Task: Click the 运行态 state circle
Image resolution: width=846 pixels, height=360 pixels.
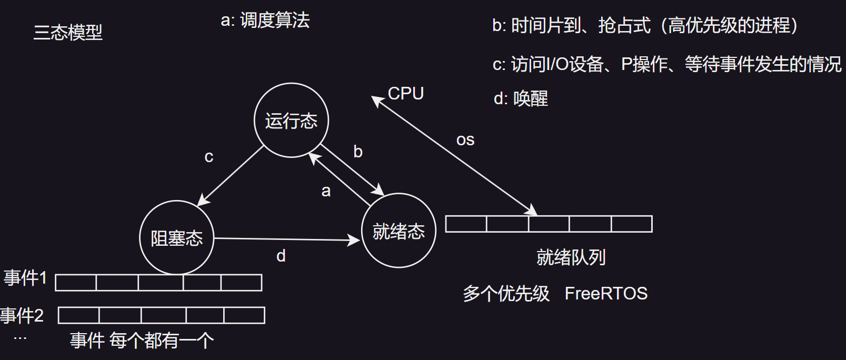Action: [x=291, y=121]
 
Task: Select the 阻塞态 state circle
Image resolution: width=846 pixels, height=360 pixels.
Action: [x=177, y=238]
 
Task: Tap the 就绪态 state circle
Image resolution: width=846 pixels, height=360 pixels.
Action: [x=399, y=231]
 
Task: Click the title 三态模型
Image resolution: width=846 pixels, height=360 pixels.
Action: [x=68, y=33]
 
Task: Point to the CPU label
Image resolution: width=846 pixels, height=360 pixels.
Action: [x=405, y=93]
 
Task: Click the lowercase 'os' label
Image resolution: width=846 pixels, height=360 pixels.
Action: [x=465, y=140]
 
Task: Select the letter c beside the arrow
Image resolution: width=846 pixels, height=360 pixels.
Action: [x=209, y=157]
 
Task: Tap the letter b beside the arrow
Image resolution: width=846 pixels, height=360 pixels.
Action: [x=358, y=152]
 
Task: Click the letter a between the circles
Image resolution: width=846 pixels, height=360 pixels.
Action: [x=326, y=191]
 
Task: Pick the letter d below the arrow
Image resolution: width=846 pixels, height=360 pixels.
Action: [x=281, y=256]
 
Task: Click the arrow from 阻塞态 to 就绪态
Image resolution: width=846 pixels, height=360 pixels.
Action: [x=287, y=239]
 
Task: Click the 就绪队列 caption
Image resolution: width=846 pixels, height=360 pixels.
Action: [x=571, y=257]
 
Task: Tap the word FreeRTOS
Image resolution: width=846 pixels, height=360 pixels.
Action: [x=606, y=293]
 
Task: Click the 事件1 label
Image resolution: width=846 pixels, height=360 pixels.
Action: [x=25, y=277]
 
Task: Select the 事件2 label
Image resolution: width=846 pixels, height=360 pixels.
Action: [x=22, y=315]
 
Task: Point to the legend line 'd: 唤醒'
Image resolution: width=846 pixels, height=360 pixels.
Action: [x=521, y=98]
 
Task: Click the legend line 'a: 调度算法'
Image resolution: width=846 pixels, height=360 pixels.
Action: [x=265, y=21]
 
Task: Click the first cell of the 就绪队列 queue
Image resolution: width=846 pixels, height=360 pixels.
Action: [x=466, y=224]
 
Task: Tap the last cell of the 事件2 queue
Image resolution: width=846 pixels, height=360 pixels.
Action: [x=244, y=315]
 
